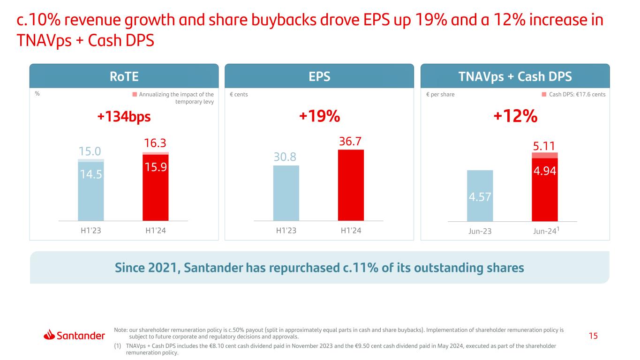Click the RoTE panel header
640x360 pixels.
[x=124, y=76]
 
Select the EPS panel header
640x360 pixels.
[x=319, y=76]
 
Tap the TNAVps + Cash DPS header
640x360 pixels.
[x=515, y=76]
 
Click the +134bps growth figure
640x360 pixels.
[x=124, y=117]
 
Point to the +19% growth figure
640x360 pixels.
[x=319, y=117]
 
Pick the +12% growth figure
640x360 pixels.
[x=515, y=117]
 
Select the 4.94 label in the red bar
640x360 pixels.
[x=545, y=171]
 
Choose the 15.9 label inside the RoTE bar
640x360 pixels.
[x=156, y=166]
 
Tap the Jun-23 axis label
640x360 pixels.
[x=480, y=231]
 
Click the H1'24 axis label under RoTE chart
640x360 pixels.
[x=156, y=231]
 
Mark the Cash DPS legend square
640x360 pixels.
[x=544, y=94]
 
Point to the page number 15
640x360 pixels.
[x=594, y=336]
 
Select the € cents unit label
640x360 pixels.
[x=239, y=94]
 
